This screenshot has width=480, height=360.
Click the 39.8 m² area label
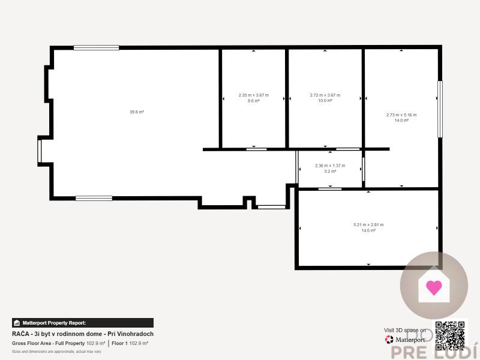[x=137, y=112]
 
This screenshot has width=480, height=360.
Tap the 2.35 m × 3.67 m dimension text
[x=254, y=95]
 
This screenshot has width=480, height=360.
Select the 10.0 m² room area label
[x=325, y=101]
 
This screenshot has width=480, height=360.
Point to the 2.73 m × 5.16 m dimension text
[x=401, y=115]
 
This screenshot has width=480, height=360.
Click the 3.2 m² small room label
[x=330, y=171]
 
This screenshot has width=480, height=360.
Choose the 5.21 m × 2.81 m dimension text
[x=368, y=224]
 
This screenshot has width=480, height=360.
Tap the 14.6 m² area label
[x=368, y=230]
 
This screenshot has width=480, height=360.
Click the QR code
[x=450, y=335]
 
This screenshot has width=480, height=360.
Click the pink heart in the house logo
[x=434, y=287]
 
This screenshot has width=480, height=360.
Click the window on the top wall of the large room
[x=96, y=47]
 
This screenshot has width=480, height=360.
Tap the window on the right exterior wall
[x=440, y=109]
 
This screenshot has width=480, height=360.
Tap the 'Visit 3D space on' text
[x=405, y=330]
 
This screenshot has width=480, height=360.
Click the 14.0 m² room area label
[x=401, y=121]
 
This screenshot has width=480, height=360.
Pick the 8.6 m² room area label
[x=254, y=101]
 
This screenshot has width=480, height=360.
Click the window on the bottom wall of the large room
[x=94, y=198]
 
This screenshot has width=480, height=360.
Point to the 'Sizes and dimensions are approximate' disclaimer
[x=56, y=351]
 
